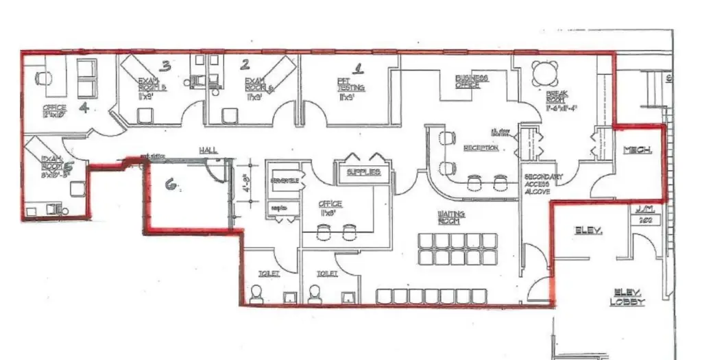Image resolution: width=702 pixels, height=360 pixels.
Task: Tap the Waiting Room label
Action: point(451,217)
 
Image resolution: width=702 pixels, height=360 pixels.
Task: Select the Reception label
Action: point(481,148)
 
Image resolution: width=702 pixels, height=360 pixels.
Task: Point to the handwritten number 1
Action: point(357,68)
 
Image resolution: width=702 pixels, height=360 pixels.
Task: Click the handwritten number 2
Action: point(245,65)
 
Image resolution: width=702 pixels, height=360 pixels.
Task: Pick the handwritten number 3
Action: point(165,66)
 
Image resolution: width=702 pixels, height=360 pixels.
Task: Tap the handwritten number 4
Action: point(84,108)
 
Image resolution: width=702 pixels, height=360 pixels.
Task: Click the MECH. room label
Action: point(638,149)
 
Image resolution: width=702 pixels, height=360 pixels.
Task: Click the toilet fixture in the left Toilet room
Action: point(256,294)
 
